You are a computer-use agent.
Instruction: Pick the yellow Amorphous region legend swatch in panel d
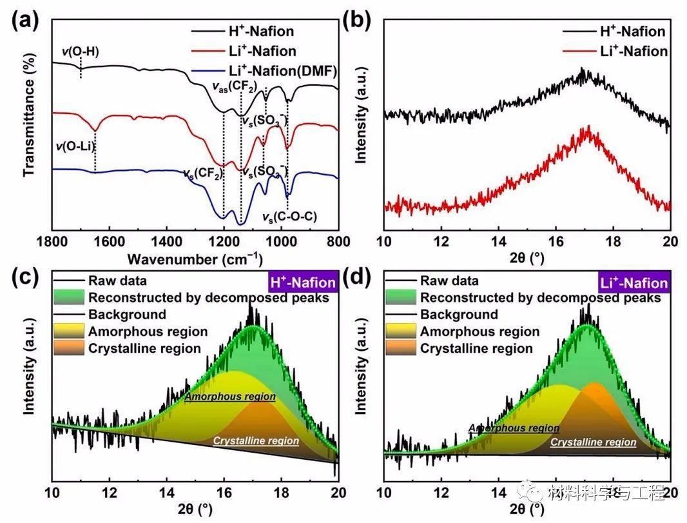(400, 331)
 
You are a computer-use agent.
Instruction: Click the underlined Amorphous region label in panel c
(230, 397)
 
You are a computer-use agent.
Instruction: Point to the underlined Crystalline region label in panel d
(593, 442)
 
